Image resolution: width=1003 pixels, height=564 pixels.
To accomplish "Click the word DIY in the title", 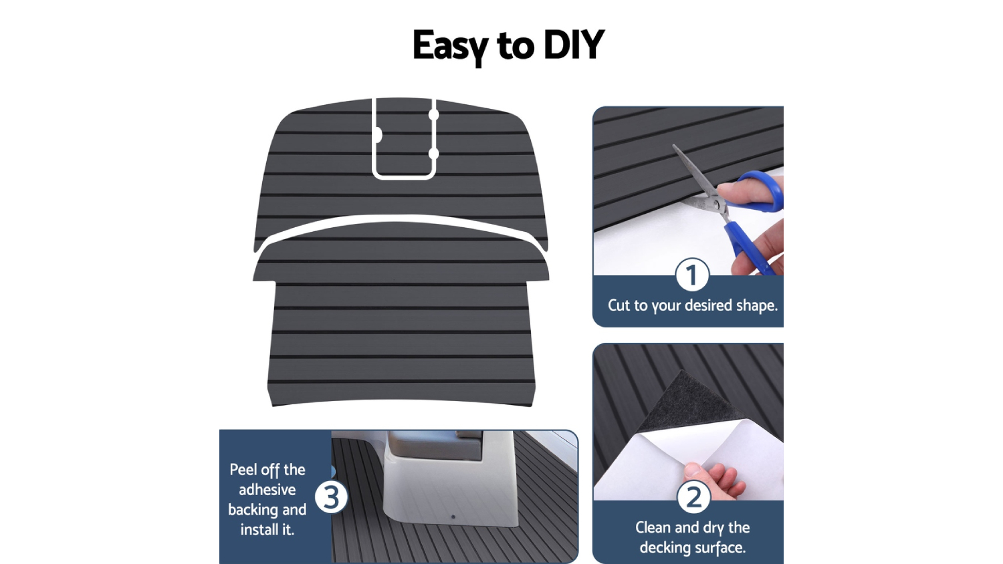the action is (x=574, y=45).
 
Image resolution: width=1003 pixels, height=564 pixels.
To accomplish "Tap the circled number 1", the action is (x=692, y=275).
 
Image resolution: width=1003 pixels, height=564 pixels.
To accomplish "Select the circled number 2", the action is (x=693, y=497).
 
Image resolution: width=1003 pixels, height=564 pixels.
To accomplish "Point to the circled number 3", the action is (x=332, y=497).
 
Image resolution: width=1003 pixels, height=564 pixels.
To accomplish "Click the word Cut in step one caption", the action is (x=619, y=305).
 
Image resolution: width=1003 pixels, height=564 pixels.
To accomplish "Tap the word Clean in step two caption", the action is (x=653, y=527).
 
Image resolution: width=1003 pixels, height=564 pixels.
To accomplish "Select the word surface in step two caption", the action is (x=720, y=547).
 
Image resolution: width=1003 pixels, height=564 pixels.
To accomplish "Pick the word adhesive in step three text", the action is (x=267, y=490).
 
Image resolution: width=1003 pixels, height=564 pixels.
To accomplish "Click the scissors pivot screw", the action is (x=717, y=205).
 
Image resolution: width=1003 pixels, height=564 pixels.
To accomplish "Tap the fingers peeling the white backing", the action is (x=713, y=480).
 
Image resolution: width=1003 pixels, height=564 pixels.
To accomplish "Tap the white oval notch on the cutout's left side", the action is (x=378, y=135).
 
